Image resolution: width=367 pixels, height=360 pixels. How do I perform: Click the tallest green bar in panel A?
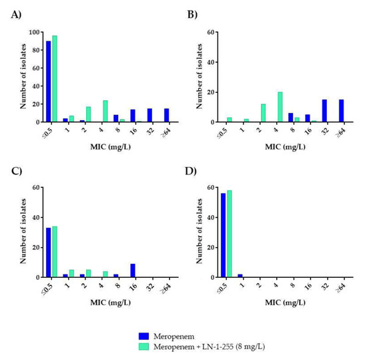[x=55, y=79]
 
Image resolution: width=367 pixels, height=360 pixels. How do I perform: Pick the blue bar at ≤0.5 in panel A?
[x=48, y=81]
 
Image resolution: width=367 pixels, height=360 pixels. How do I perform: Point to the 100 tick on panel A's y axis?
[x=33, y=32]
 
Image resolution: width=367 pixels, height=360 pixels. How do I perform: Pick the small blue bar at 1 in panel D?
[x=240, y=275]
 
